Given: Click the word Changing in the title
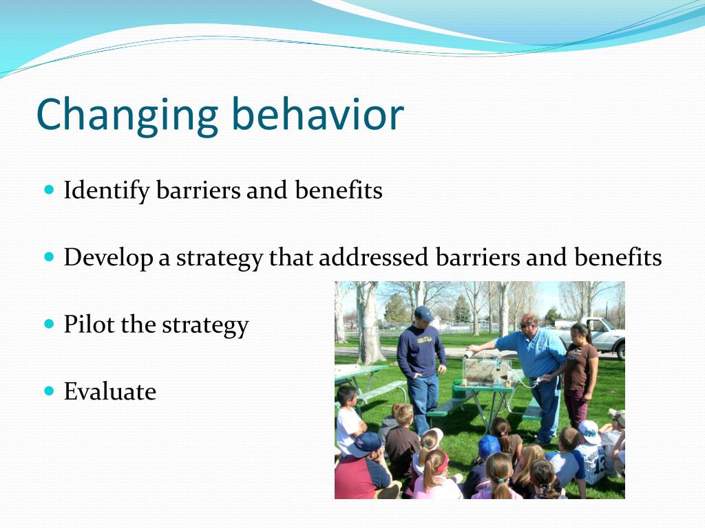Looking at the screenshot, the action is pos(127,115).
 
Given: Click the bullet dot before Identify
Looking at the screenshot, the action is pos(50,189).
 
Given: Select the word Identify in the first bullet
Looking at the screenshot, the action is pos(107,190).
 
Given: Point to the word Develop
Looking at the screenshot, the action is pos(108,258).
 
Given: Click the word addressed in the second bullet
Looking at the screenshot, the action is pos(373,257).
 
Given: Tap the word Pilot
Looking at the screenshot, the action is pos(89,324).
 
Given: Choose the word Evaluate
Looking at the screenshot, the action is pos(110,391).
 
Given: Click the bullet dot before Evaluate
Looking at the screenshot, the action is pos(50,391).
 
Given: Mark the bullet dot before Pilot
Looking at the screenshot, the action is pos(50,324).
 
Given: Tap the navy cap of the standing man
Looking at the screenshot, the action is pos(423,313).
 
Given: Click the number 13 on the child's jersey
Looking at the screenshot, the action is pos(599,465).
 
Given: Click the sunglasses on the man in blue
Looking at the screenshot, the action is pos(525,325).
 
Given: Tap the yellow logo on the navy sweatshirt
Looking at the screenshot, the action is pos(424,340).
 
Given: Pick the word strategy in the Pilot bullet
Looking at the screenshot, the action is pos(205,325).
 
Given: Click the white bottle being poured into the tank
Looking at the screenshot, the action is pos(469,354).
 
